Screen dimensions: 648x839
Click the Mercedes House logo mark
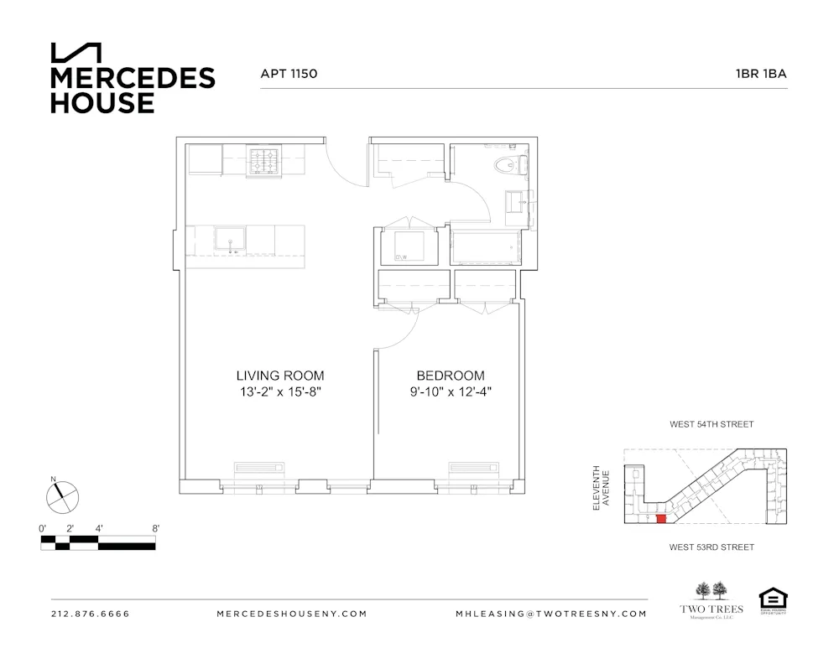[x=76, y=53]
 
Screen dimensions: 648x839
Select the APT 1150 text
[x=289, y=74]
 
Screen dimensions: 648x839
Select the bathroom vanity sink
[x=516, y=200]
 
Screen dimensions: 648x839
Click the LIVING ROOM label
[x=279, y=376]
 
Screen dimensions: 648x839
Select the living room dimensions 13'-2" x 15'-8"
[x=279, y=391]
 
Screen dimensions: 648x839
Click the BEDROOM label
[x=450, y=376]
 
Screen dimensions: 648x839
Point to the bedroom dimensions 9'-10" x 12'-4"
[x=450, y=391]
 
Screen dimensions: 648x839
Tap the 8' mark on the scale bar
[x=155, y=528]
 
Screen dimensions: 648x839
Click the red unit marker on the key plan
[x=661, y=520]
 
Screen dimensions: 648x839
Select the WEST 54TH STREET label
[x=711, y=424]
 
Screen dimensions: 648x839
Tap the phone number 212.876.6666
[x=91, y=614]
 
